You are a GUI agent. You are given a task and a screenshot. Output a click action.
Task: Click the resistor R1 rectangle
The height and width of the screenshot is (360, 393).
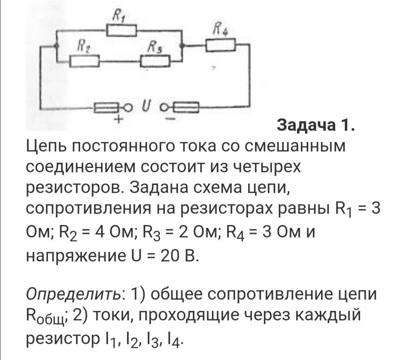[122, 30]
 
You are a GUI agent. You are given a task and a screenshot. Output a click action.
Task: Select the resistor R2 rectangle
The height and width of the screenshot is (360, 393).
[84, 61]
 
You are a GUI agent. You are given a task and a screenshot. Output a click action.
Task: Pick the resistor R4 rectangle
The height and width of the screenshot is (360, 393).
[221, 45]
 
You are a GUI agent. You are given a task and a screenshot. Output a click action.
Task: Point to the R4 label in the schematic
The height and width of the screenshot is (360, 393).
[220, 31]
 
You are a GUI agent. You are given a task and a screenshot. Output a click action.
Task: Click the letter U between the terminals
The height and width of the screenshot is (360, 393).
[146, 106]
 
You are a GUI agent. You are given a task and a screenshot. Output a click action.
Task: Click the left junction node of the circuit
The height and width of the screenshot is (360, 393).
[56, 46]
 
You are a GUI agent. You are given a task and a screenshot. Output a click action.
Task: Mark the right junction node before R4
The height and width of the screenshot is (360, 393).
[183, 46]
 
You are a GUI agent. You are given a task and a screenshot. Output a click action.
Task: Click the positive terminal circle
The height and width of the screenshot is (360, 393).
[128, 107]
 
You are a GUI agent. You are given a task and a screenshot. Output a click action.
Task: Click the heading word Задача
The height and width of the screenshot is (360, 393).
[307, 126]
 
